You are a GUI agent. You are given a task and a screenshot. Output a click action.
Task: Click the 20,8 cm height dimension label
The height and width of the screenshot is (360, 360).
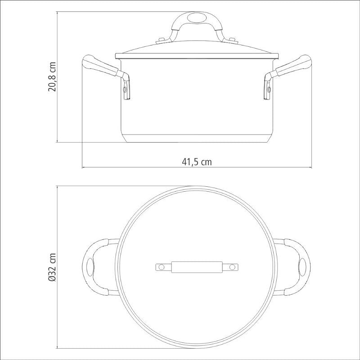coord(52,76)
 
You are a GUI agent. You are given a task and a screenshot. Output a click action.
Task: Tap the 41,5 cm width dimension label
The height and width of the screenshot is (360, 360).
coord(197,162)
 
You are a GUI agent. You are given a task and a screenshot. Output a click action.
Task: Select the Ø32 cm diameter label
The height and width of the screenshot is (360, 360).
coord(52,267)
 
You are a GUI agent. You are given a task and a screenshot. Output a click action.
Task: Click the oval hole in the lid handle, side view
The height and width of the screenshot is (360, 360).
coord(196,18)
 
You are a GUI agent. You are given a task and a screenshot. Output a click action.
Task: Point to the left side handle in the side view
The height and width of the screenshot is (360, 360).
coord(106,76)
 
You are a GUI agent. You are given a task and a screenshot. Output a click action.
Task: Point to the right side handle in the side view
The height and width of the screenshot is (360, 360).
coord(288,76)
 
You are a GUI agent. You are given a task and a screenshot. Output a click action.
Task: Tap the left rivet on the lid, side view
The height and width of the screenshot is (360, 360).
coord(162,40)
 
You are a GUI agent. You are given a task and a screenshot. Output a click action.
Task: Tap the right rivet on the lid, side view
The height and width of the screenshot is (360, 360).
coord(232,40)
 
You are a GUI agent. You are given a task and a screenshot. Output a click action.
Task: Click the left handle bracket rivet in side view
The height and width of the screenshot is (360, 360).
coord(125,89)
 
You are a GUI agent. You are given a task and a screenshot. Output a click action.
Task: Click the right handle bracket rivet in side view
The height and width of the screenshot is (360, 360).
coord(268,89)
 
